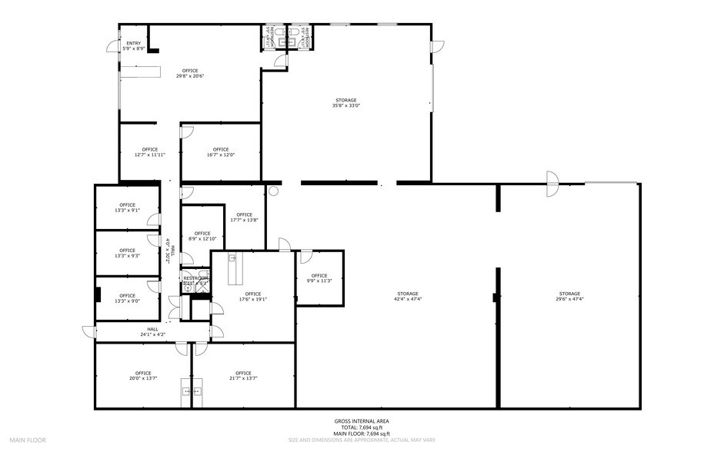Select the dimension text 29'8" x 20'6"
[189, 76]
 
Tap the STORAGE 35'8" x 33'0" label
[345, 103]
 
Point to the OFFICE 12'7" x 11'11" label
[149, 151]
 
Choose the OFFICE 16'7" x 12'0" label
[221, 151]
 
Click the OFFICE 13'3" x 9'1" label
[128, 208]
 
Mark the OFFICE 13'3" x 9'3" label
[128, 252]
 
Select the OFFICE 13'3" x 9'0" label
[128, 297]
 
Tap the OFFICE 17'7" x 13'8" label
[244, 217]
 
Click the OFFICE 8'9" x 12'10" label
[202, 236]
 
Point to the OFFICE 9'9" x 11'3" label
[319, 278]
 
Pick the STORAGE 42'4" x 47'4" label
[408, 296]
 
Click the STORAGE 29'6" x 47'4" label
[569, 296]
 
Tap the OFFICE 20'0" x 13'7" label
[143, 376]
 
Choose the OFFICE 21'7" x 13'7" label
[243, 376]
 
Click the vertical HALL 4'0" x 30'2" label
[170, 251]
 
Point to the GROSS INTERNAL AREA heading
[362, 420]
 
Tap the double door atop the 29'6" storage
[552, 183]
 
